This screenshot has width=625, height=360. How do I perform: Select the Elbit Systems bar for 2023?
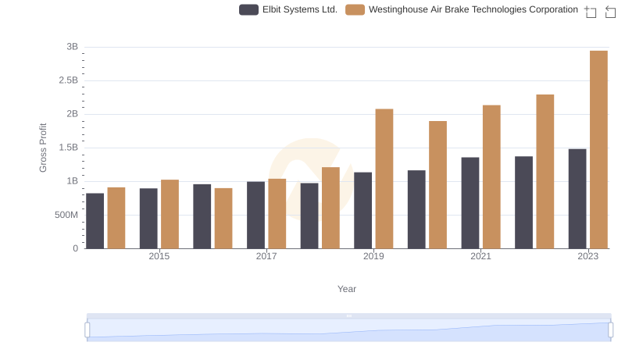(577, 199)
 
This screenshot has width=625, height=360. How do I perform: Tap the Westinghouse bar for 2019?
(384, 179)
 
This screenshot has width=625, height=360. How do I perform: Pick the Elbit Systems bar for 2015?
(148, 219)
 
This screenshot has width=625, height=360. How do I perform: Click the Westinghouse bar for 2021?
(491, 177)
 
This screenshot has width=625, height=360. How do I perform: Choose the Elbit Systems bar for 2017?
(255, 216)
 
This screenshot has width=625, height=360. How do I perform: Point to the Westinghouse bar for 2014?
(116, 218)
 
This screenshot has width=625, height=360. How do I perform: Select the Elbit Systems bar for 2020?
(416, 209)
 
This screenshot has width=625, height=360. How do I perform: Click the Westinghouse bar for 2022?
(545, 172)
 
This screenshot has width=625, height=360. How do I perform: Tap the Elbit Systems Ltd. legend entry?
(290, 9)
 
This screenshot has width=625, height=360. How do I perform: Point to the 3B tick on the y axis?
(72, 47)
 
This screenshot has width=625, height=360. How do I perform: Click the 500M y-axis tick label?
(66, 215)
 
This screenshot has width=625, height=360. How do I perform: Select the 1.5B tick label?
(68, 148)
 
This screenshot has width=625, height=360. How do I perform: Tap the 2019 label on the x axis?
(373, 256)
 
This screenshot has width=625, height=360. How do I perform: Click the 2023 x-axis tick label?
(587, 256)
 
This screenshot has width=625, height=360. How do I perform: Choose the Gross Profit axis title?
(43, 148)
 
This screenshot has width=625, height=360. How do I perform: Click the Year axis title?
(347, 289)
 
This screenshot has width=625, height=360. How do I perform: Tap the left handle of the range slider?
(87, 330)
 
